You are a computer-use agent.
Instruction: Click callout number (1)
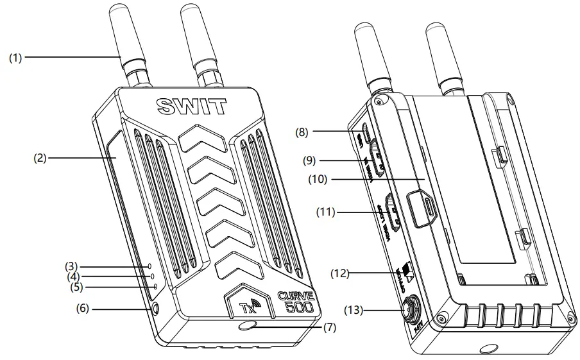pyautogui.click(x=15, y=58)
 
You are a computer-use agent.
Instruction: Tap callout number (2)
pyautogui.click(x=40, y=155)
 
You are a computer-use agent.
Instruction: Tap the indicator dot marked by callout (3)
pyautogui.click(x=149, y=266)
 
